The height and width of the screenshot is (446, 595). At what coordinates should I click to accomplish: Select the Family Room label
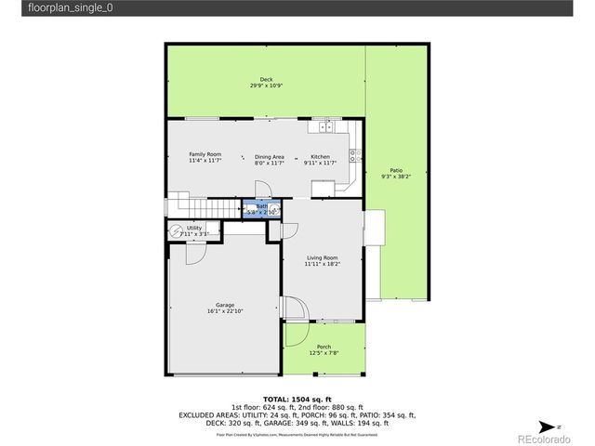(205, 154)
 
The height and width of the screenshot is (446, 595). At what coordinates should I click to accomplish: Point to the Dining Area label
(269, 156)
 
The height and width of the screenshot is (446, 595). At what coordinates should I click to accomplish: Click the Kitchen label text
(320, 156)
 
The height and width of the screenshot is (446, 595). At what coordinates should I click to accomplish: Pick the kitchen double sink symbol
(325, 125)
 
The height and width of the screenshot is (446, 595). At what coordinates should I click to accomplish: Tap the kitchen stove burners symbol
(354, 155)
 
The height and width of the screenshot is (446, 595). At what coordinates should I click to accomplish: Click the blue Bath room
(263, 209)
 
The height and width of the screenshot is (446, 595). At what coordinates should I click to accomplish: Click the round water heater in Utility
(176, 231)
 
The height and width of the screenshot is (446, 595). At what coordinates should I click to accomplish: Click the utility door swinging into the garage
(200, 248)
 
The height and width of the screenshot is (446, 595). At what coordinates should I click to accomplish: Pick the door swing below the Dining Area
(264, 188)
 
